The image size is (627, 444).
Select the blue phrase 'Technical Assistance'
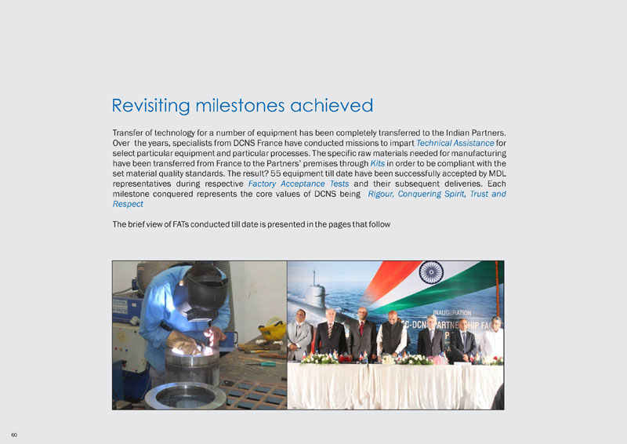(x=455, y=144)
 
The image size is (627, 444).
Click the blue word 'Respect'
(x=128, y=204)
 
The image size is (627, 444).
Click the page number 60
(x=14, y=433)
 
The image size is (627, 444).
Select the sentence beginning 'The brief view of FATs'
(x=251, y=224)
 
